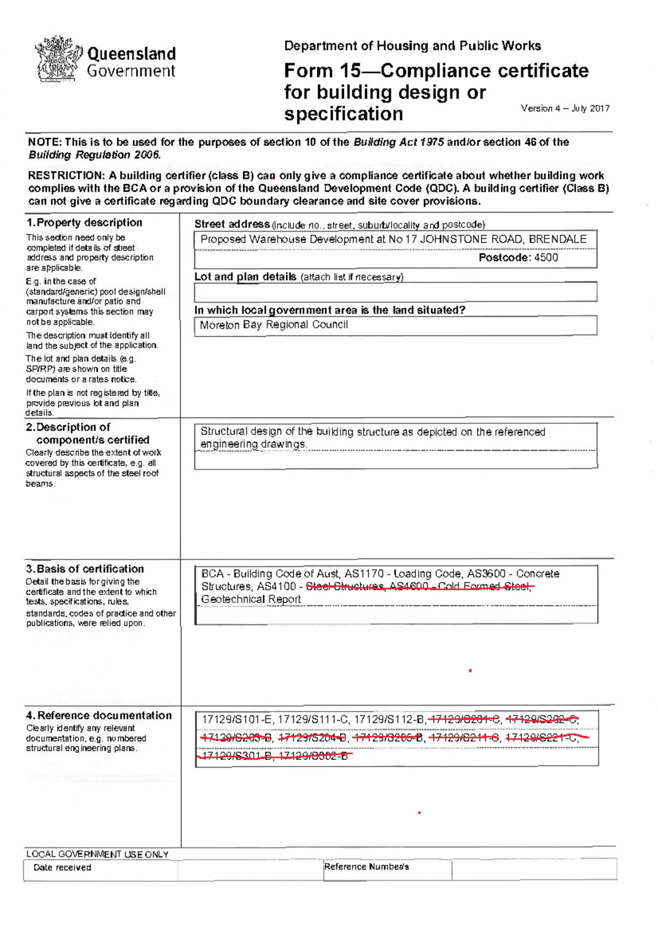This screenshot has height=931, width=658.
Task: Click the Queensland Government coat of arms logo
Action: click(x=56, y=59)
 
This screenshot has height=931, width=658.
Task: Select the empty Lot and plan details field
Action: click(x=395, y=292)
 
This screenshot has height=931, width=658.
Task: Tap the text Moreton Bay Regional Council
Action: click(x=274, y=325)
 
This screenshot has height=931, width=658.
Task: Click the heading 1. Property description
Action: click(x=84, y=223)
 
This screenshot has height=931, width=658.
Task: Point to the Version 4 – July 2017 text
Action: click(x=565, y=109)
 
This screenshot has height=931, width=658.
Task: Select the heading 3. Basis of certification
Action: click(x=85, y=569)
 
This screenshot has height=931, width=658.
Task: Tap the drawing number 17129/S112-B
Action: click(x=389, y=720)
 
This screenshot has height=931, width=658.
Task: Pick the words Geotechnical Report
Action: click(x=251, y=599)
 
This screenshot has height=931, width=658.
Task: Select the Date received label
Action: click(x=62, y=867)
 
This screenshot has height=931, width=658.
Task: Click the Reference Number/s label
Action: click(x=366, y=867)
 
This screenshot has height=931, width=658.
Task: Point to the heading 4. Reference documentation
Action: click(x=99, y=716)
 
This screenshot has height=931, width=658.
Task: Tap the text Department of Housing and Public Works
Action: click(x=412, y=46)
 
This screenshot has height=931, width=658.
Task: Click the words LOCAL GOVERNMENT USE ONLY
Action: click(x=97, y=854)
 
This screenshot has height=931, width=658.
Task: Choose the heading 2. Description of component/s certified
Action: click(x=88, y=433)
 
